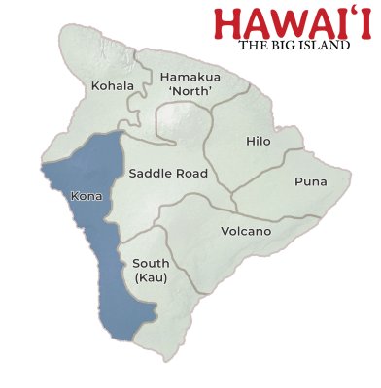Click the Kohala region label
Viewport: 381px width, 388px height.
(113, 86)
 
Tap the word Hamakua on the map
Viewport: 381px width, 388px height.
(190, 77)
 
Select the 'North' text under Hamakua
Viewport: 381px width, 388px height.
(190, 92)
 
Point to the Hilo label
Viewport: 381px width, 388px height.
(258, 142)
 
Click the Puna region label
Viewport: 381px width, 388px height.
(311, 181)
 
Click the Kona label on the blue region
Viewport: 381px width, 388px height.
(86, 196)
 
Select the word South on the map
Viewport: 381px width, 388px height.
(150, 264)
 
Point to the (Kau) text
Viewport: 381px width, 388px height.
(150, 278)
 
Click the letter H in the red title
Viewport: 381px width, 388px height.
(229, 23)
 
